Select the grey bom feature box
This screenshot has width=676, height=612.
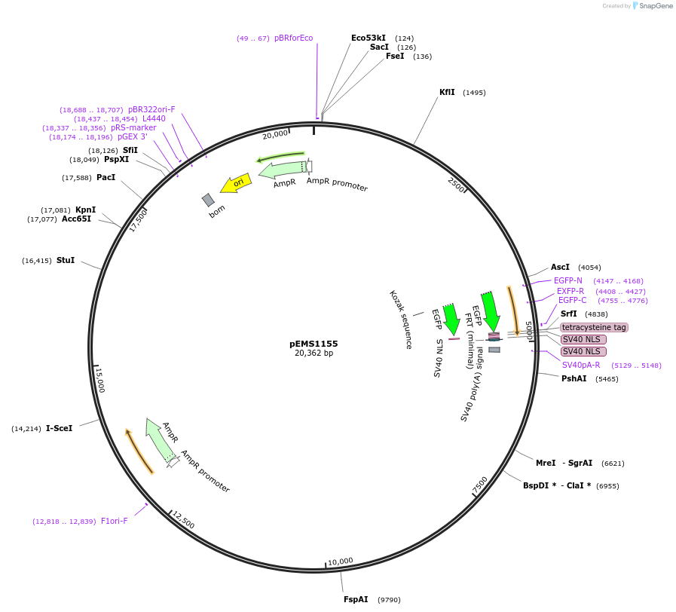tap(208, 200)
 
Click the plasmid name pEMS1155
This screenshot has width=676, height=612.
tap(314, 344)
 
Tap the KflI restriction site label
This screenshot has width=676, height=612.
tap(448, 93)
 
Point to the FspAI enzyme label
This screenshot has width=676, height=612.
tap(356, 599)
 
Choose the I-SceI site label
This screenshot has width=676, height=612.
tap(59, 428)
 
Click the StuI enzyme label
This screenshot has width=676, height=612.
tap(66, 260)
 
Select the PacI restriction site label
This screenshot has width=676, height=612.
tap(106, 177)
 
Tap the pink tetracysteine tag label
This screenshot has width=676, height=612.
tap(594, 327)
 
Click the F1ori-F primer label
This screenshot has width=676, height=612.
tap(115, 521)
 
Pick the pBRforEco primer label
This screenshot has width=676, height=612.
tap(294, 38)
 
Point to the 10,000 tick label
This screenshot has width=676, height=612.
tap(340, 561)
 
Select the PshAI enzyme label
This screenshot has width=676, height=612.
tap(574, 378)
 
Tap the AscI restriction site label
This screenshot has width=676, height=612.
tap(560, 267)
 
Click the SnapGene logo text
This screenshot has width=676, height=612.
tap(653, 6)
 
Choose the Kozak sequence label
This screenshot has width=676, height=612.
tap(400, 320)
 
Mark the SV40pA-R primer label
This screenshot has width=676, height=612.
tap(581, 365)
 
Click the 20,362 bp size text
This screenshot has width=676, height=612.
tap(314, 353)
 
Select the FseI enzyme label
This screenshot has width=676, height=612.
tap(395, 56)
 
